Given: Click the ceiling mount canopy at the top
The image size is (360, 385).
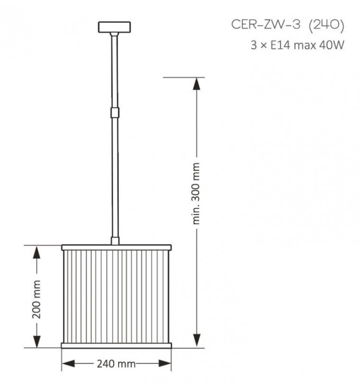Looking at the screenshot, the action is coord(114,27).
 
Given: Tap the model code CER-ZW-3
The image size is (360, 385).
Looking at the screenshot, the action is coord(266,25).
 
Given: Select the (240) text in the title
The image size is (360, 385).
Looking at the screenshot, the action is coord(326,25).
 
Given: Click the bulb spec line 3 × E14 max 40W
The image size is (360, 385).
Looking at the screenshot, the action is coord(297,45).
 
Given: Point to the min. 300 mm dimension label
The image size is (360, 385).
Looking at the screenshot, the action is coord(196,194).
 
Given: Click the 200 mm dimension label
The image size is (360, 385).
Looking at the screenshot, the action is coord(37,299).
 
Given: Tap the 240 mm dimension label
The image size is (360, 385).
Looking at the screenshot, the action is coord(116,364).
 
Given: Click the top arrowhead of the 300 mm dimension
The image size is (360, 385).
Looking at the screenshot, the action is coord(196,84).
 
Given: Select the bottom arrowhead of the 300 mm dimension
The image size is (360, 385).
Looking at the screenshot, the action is coord(196,341).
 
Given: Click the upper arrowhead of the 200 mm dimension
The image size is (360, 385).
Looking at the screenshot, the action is coord(37,252).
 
